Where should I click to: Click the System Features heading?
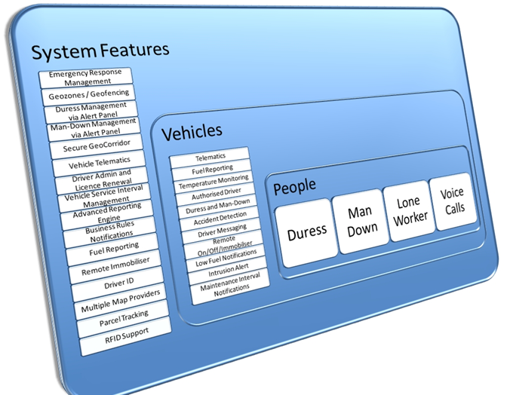[100, 52]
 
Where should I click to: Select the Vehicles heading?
[192, 133]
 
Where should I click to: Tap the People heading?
[294, 185]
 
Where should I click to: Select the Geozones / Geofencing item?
[89, 94]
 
